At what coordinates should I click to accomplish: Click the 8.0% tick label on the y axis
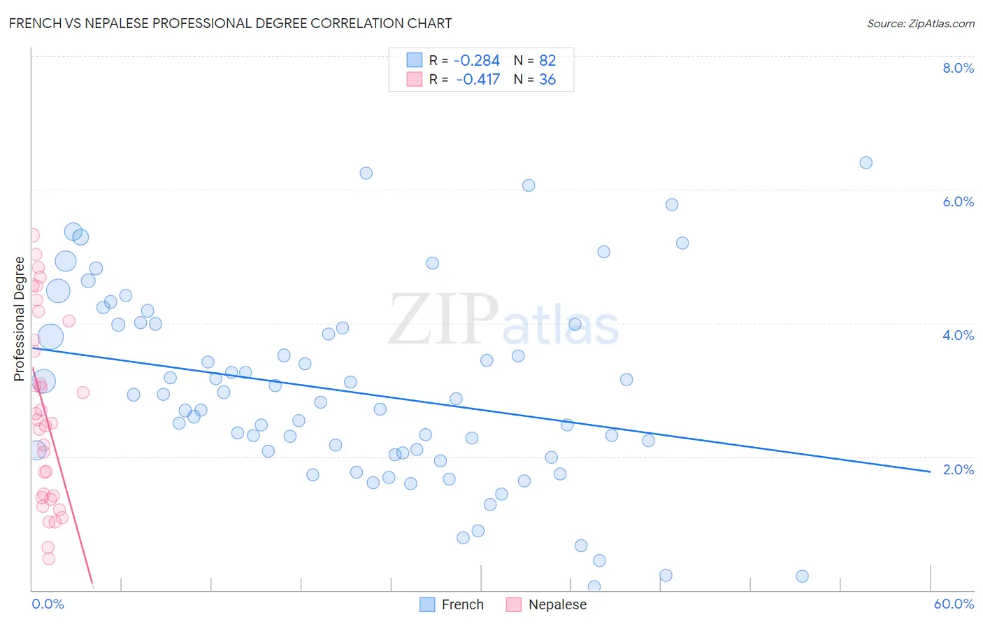(958, 68)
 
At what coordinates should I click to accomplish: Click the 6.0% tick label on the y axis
(958, 201)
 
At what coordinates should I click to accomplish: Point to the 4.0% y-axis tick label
(958, 335)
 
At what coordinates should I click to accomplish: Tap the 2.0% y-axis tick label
(958, 469)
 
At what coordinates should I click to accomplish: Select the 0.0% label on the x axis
(48, 604)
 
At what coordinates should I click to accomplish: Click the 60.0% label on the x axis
(953, 604)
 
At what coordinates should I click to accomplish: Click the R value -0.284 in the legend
(477, 61)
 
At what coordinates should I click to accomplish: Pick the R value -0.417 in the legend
(478, 80)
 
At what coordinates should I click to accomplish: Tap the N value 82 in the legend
(547, 61)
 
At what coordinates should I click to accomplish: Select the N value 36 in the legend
(547, 80)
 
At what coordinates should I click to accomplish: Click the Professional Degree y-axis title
(20, 319)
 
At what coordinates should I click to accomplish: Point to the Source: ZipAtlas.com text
(920, 24)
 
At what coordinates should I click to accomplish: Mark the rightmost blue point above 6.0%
(866, 163)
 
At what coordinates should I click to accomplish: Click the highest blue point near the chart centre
(366, 173)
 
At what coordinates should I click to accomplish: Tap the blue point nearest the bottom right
(802, 576)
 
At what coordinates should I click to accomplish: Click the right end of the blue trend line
(930, 471)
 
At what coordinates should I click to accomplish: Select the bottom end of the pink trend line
(92, 582)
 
